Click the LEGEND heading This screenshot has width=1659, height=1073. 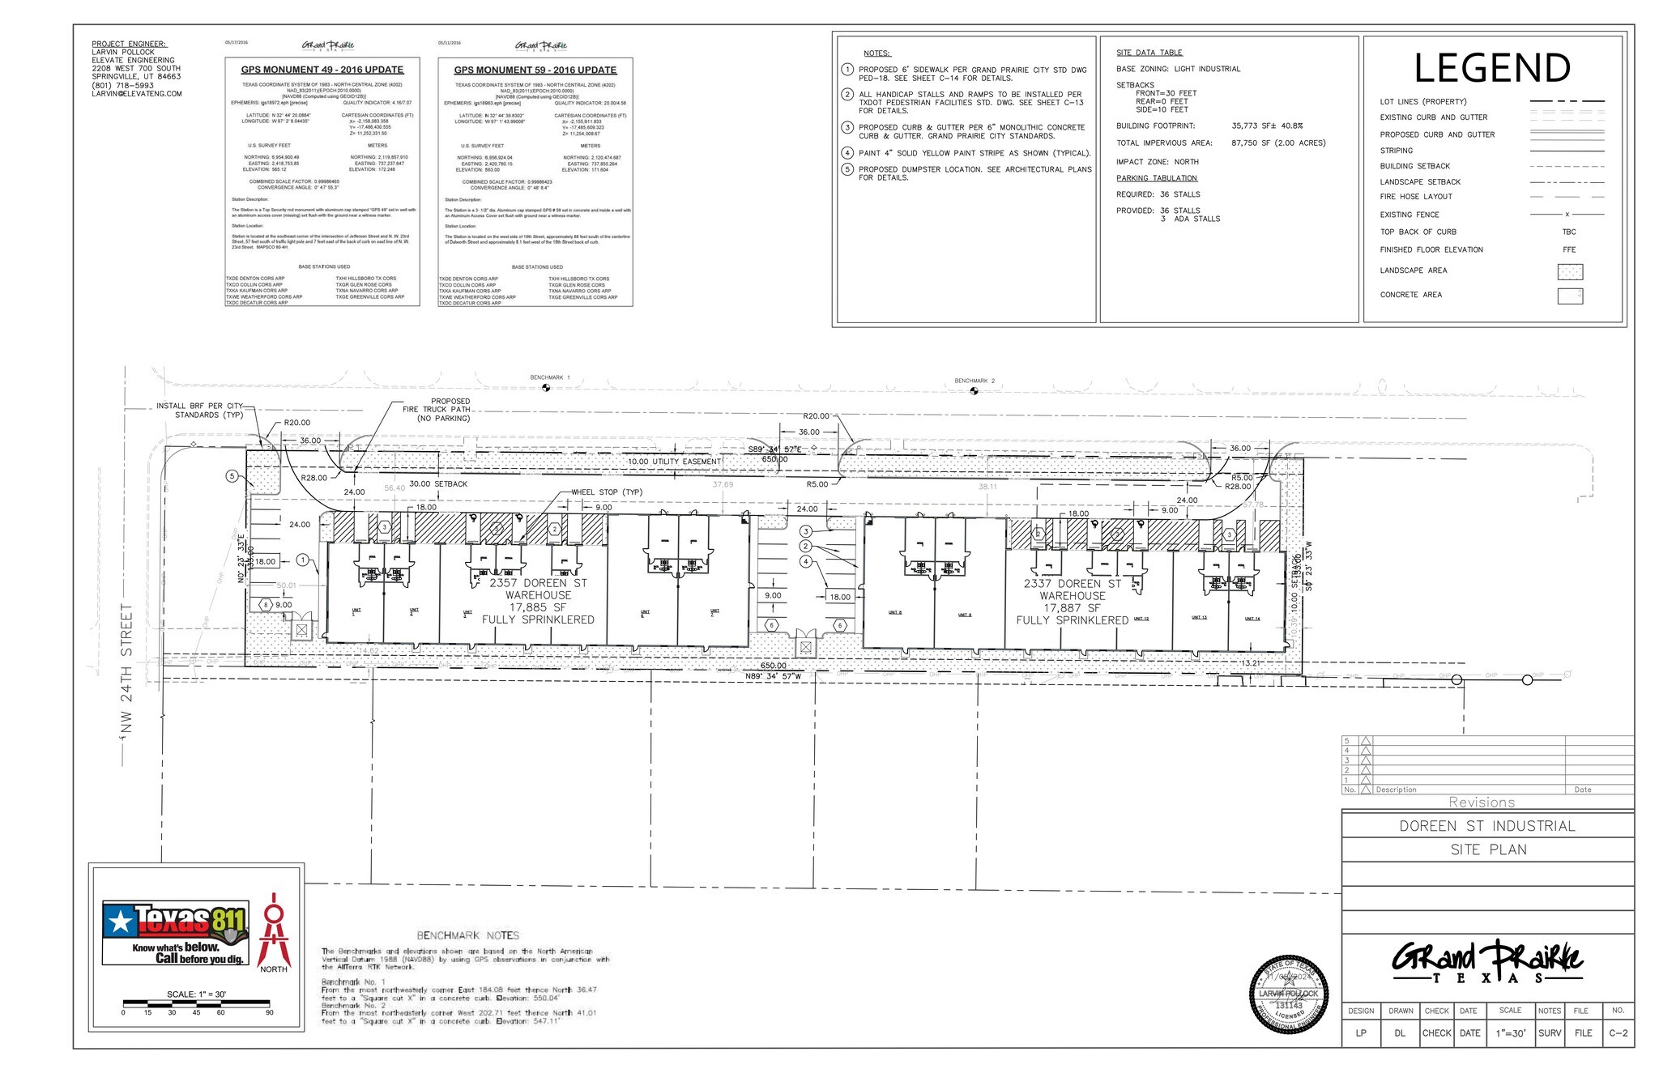pos(1492,69)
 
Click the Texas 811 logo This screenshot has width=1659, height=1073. pos(174,933)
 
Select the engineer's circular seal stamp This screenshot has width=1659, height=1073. pos(1289,994)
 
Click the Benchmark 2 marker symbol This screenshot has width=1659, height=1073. pos(974,391)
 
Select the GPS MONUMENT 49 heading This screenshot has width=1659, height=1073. pos(322,70)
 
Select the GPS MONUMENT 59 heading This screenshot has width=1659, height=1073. pos(535,70)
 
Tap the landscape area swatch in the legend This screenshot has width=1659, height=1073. pos(1569,272)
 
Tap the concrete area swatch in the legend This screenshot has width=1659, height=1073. pos(1569,296)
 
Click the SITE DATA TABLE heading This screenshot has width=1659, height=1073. pos(1149,53)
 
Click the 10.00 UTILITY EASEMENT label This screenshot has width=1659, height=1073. pos(674,462)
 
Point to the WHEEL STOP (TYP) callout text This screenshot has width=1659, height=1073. pos(607,492)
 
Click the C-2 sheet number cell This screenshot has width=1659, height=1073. pos(1618,1033)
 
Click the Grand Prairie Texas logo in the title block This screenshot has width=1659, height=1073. pos(1487,962)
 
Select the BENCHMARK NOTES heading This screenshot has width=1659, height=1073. pos(467,935)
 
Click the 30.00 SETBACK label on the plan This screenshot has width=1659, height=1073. pos(438,484)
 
